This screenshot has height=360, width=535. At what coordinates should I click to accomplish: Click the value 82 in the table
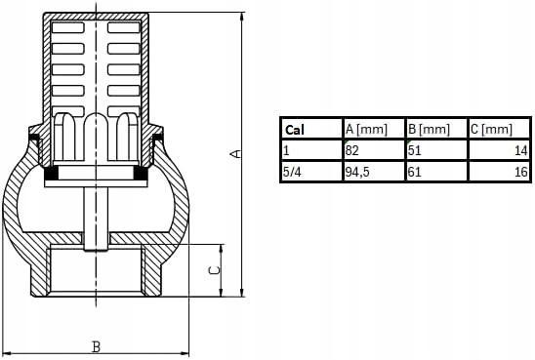[351, 150]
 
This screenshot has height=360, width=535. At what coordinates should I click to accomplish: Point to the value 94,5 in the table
[357, 172]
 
